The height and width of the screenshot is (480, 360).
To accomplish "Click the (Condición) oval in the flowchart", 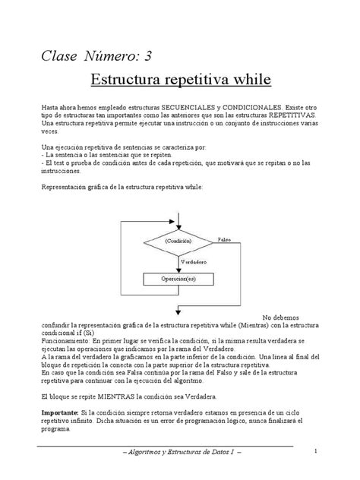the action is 175,241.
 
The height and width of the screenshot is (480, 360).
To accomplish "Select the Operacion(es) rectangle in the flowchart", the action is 175,279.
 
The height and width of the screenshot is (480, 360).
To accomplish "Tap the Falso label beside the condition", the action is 222,238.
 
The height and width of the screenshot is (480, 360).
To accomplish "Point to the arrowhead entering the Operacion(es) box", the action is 175,270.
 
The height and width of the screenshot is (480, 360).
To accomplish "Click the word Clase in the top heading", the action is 58,55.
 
